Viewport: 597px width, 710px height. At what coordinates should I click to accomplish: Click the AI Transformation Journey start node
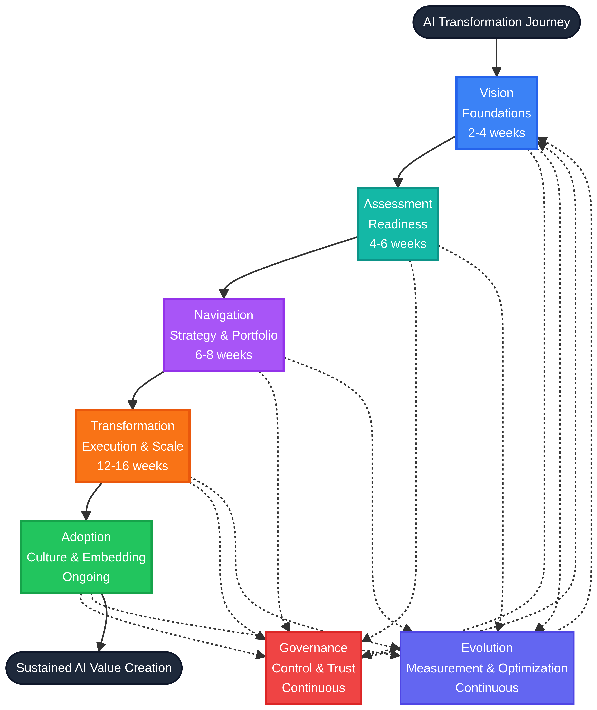[497, 22]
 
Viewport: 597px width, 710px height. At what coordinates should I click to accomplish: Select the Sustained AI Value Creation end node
[94, 668]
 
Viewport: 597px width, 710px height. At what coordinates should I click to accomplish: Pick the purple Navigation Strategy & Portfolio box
[224, 335]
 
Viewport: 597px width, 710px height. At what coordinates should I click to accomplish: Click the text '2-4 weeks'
[497, 133]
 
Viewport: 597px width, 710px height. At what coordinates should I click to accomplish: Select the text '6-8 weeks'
[224, 355]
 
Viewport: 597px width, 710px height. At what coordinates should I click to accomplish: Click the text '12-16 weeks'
[132, 466]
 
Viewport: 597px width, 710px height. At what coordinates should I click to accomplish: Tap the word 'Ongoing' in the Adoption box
[86, 577]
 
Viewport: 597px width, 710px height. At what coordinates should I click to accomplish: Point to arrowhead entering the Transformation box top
[132, 405]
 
